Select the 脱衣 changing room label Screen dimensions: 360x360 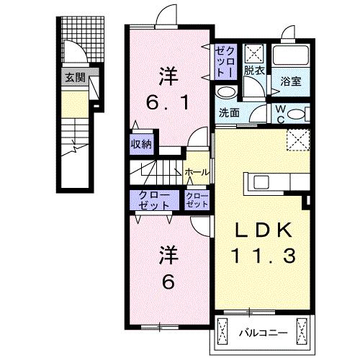tap(253, 71)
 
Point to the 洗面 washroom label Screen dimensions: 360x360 tap(229, 112)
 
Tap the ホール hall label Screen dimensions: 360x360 tap(197, 172)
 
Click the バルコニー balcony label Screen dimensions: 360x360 tap(262, 333)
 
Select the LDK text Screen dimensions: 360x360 tap(262, 231)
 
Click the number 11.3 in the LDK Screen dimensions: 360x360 tap(263, 255)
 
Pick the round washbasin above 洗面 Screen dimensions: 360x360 tap(225, 92)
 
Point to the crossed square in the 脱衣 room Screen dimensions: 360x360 tap(254, 53)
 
